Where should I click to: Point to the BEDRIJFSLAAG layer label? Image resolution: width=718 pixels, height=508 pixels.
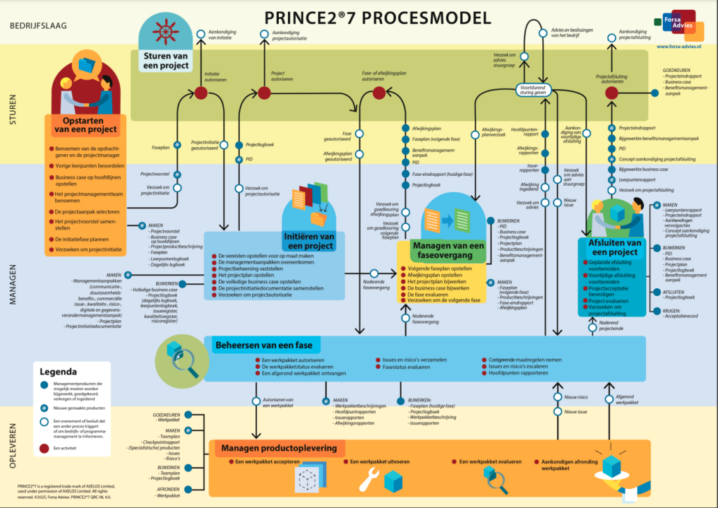pos(38,26)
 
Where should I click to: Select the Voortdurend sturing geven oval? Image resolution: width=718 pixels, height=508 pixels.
pos(540,89)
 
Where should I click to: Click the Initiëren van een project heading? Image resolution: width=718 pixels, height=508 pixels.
pos(309,241)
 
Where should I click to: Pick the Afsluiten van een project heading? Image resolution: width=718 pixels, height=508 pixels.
pos(613,247)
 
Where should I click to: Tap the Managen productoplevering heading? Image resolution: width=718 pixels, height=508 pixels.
pos(279,448)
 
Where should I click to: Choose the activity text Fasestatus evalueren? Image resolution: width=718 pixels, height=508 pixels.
pos(406,366)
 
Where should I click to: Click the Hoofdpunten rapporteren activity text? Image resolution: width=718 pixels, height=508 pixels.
pos(519,373)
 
